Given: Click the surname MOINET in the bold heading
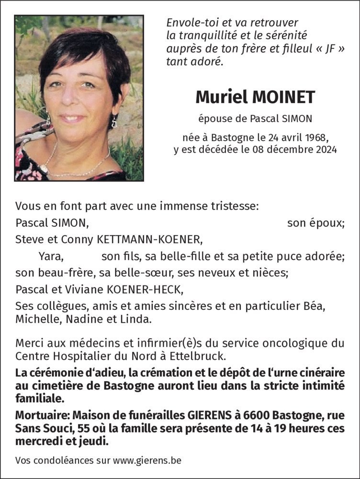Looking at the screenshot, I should click(285, 97).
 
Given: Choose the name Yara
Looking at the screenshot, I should click(51, 256).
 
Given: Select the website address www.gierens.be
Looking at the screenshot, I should click(149, 461).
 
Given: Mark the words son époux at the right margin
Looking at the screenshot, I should click(315, 223).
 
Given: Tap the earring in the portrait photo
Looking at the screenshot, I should click(114, 122).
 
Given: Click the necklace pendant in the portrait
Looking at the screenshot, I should click(45, 168).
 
